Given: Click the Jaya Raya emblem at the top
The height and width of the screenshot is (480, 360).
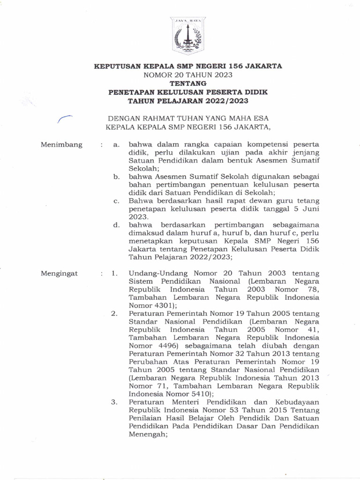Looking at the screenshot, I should (187, 36).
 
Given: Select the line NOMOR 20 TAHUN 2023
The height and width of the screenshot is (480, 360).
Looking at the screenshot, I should (188, 75).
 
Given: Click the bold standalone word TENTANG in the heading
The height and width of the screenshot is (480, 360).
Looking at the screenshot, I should (187, 83).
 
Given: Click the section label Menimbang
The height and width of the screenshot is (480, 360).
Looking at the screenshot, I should (61, 144).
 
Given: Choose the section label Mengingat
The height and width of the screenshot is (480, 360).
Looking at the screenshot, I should (60, 273).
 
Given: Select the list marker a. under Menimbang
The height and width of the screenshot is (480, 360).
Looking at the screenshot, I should (116, 144).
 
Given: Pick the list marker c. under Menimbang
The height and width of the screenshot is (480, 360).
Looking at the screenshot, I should (116, 200).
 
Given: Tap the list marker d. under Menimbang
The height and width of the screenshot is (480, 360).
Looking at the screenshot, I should (116, 225).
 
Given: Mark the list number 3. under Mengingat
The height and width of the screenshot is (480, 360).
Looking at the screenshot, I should (115, 402).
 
